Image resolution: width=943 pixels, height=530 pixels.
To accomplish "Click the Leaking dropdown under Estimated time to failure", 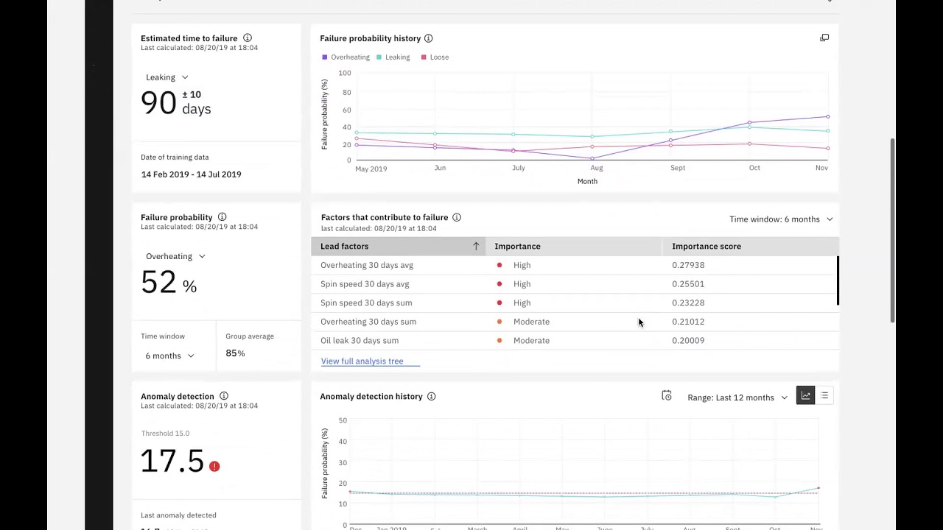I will [167, 77].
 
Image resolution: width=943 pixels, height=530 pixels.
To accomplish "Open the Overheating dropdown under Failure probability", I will [175, 256].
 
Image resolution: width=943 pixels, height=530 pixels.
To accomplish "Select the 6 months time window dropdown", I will [169, 356].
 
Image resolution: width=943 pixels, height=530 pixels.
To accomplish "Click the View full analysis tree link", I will [362, 361].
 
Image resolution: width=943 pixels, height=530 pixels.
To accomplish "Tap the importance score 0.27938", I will [687, 265].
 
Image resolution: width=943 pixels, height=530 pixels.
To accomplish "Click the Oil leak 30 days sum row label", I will [360, 341].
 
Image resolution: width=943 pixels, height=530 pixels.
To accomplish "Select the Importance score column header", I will [706, 247].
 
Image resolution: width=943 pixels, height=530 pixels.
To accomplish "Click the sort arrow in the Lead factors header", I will [476, 247].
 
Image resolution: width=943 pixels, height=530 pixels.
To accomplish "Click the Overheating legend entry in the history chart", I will [346, 57].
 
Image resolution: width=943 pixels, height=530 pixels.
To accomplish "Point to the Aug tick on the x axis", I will [596, 168].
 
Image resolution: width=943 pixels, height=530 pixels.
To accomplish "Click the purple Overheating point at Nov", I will [827, 116].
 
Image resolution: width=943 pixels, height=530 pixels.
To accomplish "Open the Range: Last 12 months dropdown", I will [737, 397].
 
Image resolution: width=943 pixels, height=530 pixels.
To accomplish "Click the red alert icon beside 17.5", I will [214, 467].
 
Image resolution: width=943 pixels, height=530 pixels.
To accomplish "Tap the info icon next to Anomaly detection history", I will [431, 397].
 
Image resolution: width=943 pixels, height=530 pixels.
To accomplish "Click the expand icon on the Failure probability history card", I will [824, 38].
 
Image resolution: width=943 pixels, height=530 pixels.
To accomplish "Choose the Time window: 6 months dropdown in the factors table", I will [780, 219].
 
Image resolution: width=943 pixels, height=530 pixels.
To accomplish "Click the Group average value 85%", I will [235, 353].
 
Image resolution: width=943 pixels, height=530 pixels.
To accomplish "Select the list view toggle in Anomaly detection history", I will [824, 396].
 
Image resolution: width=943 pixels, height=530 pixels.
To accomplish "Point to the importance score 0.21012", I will [687, 322].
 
